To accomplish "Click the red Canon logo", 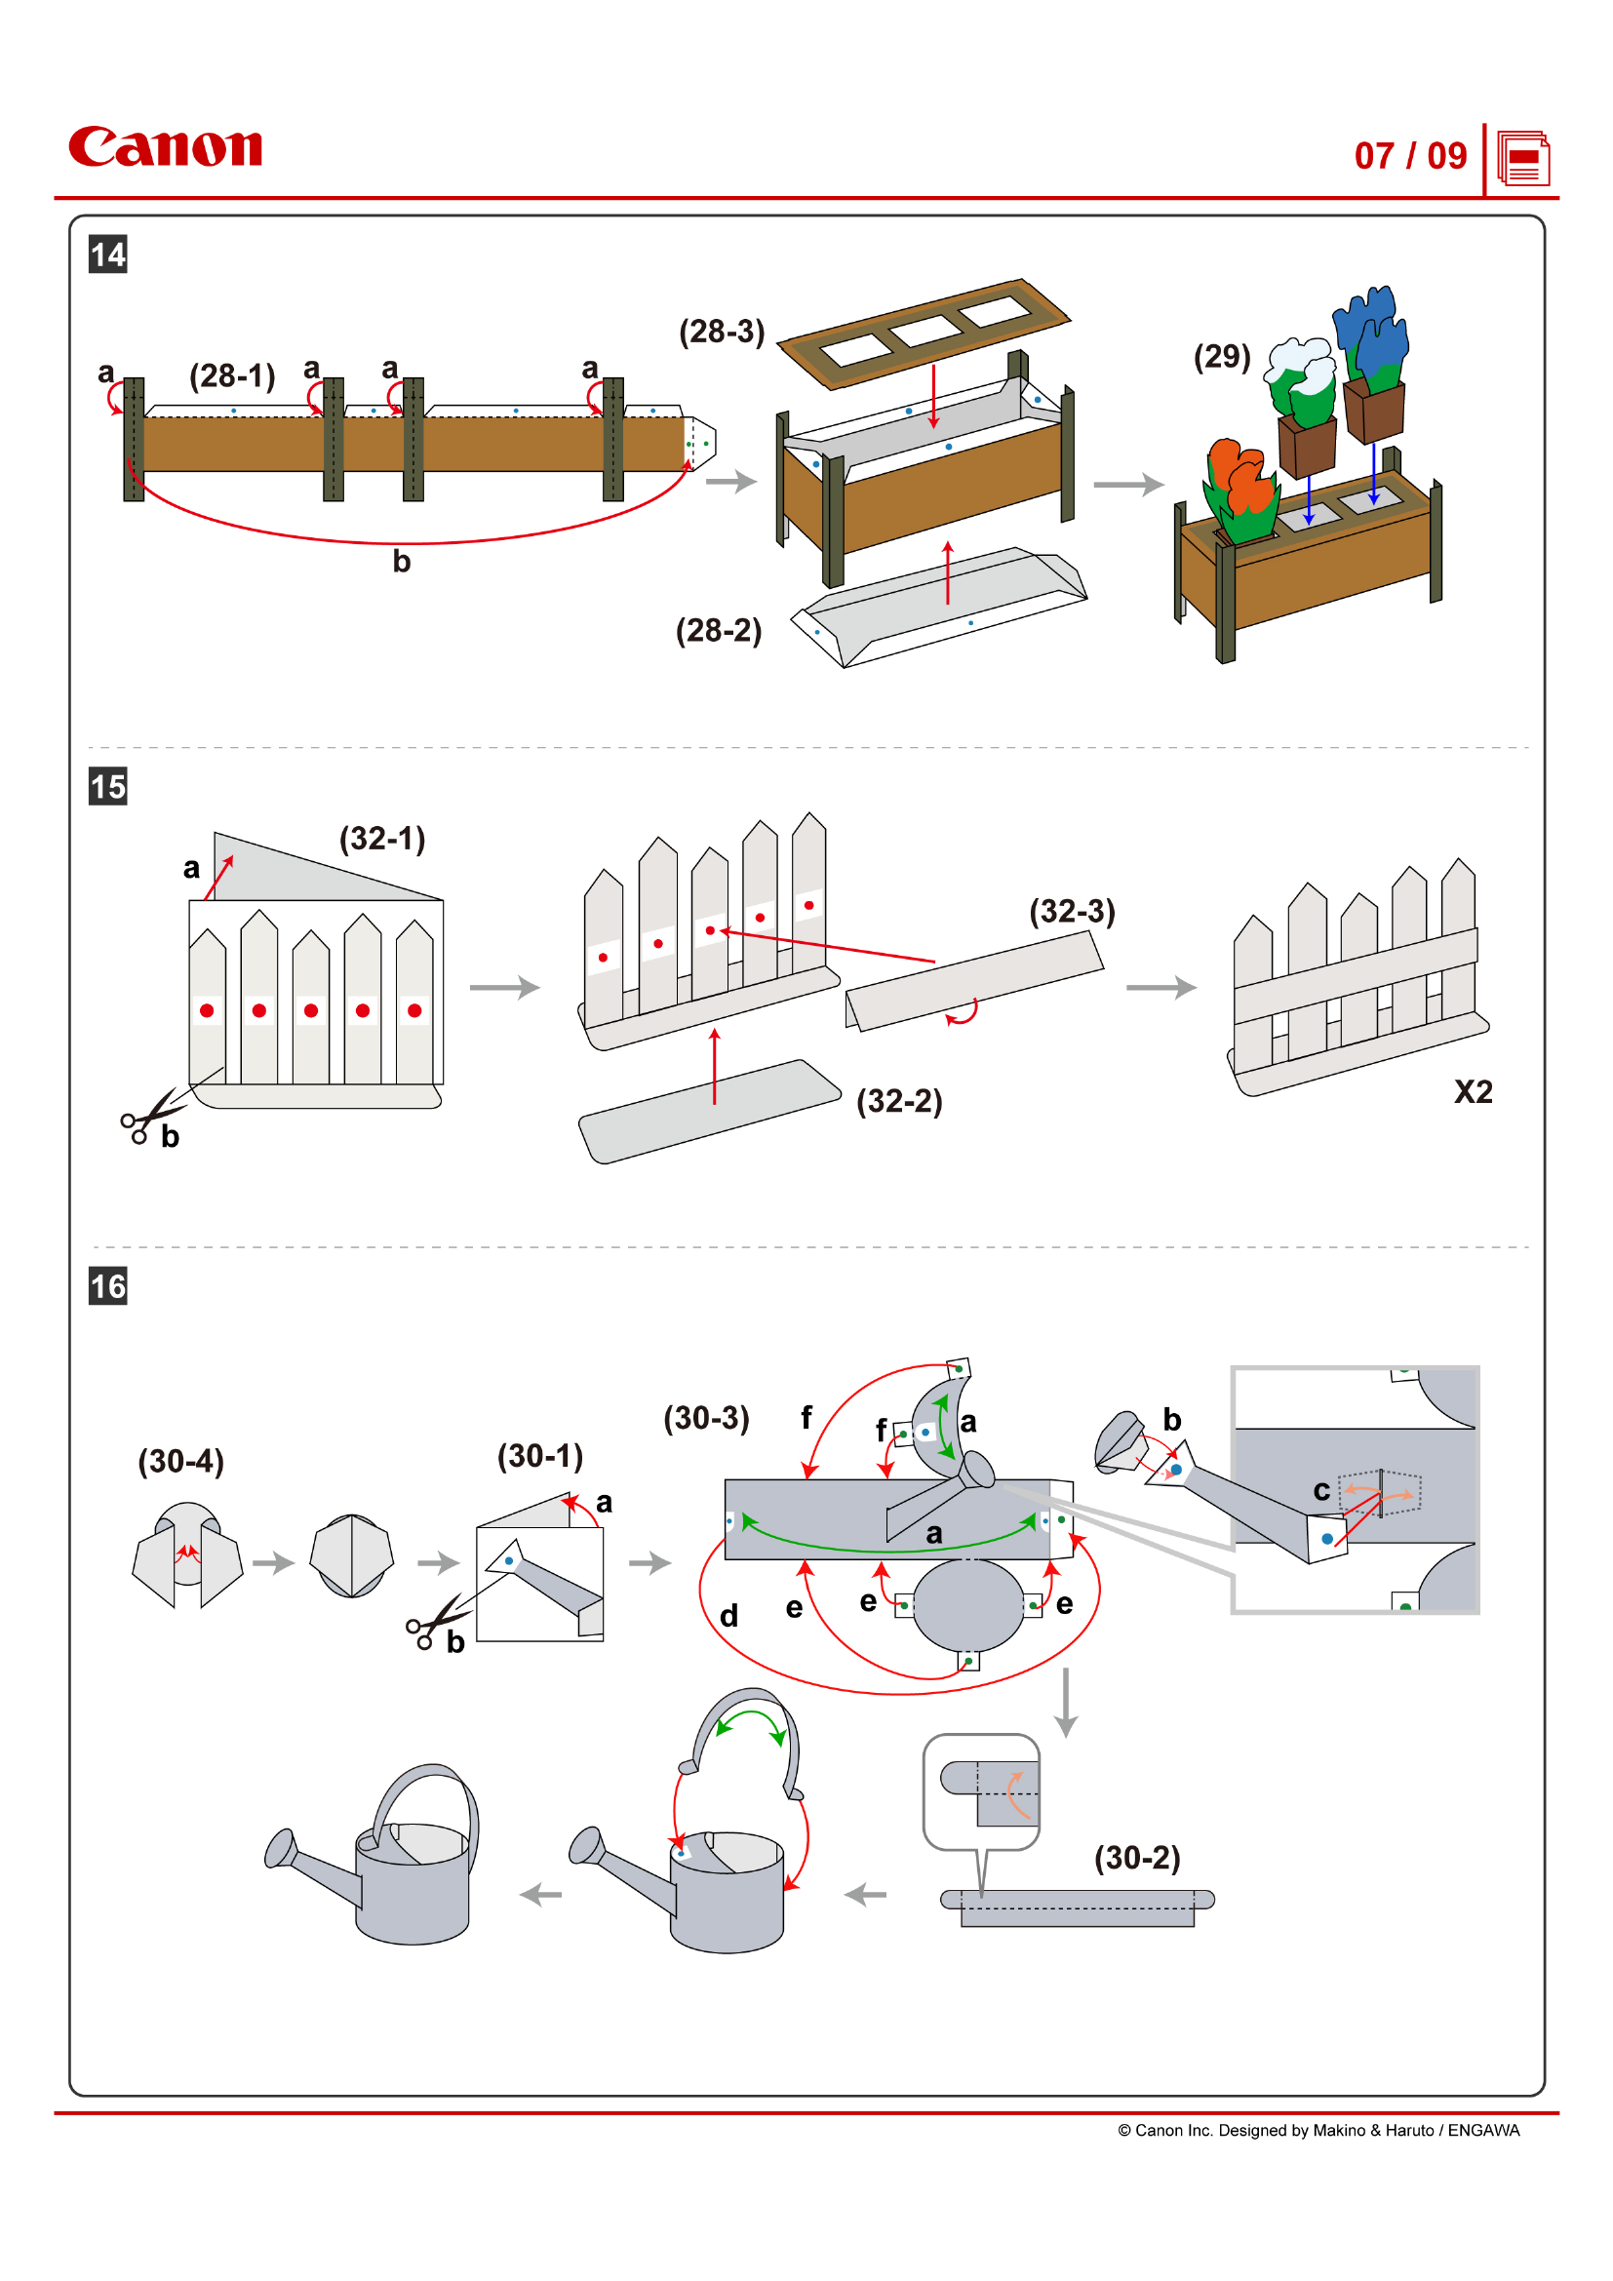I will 165,147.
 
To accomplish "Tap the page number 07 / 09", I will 1409,156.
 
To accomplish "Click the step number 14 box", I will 108,255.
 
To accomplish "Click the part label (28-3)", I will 721,332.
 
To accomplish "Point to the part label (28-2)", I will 718,630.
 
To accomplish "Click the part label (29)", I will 1221,357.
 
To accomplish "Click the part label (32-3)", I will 1072,911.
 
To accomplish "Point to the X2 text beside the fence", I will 1472,1092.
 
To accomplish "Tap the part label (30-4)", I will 180,1461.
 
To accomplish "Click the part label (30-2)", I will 1136,1857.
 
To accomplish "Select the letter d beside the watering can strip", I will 728,1615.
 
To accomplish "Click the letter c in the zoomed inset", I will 1321,1490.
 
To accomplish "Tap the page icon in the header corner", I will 1522,158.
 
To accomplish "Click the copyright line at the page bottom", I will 1318,2130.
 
